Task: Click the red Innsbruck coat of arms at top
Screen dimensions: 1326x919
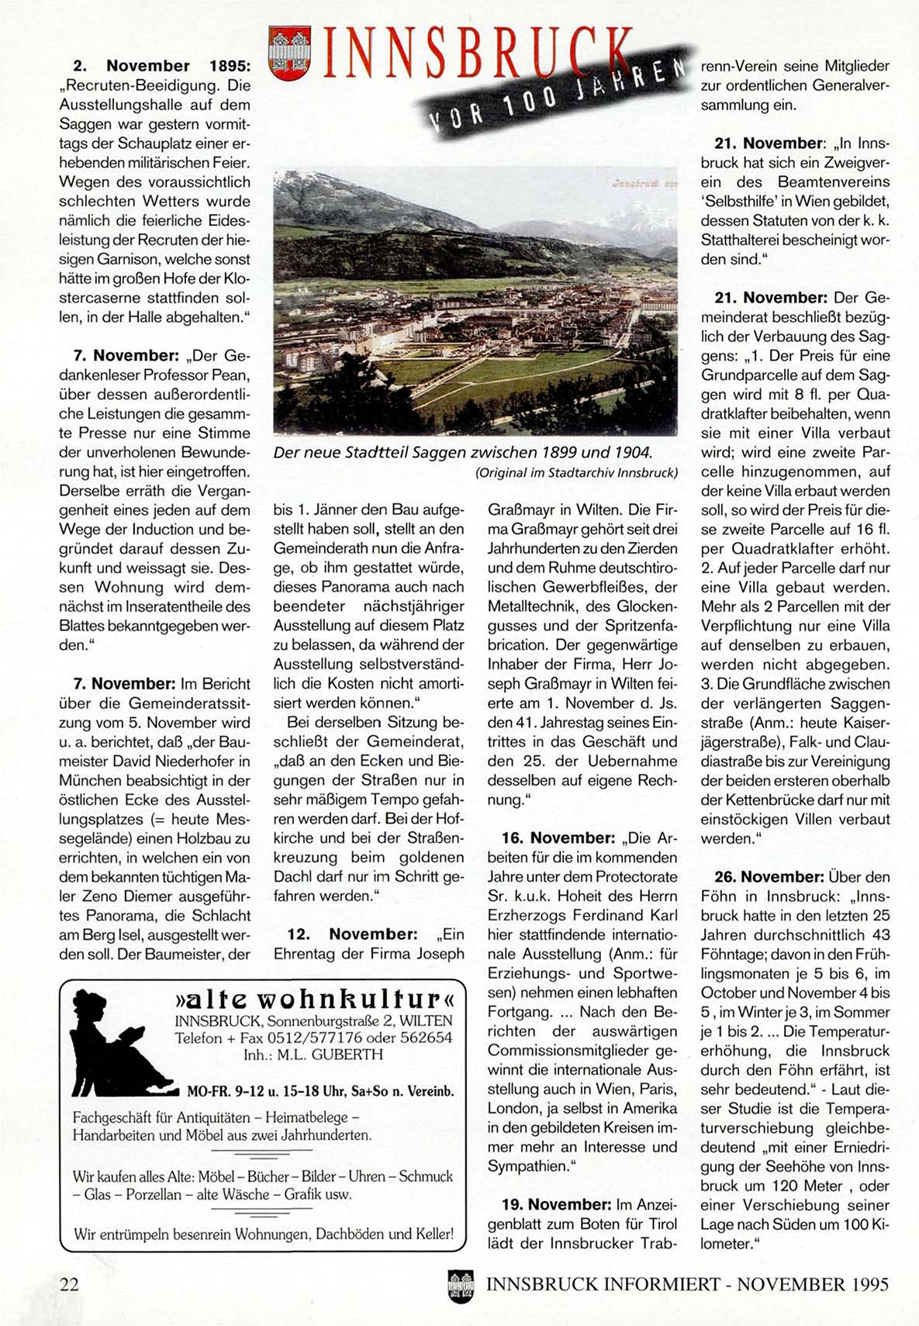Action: (x=289, y=53)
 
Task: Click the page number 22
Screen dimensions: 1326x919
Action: (x=69, y=1284)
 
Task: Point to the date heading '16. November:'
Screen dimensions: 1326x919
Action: (x=557, y=838)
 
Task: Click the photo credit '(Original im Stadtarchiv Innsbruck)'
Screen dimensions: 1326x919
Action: (x=576, y=472)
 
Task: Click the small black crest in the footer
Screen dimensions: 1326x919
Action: (x=460, y=1286)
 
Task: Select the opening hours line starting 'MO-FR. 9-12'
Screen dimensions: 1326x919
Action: (x=320, y=1091)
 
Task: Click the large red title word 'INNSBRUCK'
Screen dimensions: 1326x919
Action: (x=473, y=54)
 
